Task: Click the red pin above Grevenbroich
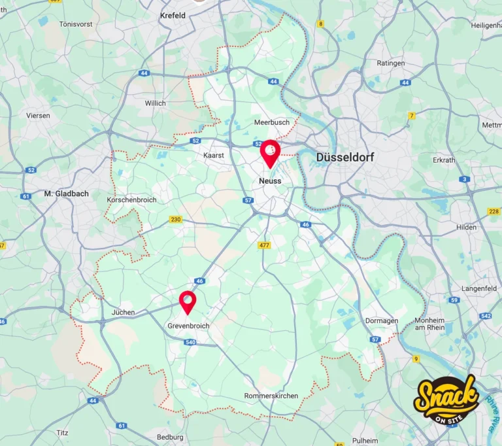pos(188,302)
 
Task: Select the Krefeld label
pos(173,15)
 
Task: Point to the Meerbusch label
pos(271,122)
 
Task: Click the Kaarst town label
pos(214,156)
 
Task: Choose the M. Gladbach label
pos(66,194)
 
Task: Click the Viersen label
pos(38,115)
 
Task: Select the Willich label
pos(156,103)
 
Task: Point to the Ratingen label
pos(391,63)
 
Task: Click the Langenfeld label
pos(480,288)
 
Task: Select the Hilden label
pos(467,227)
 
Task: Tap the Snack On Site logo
pos(446,398)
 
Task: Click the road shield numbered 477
pos(264,245)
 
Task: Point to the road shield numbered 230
pos(175,220)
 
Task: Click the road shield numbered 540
pos(190,342)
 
